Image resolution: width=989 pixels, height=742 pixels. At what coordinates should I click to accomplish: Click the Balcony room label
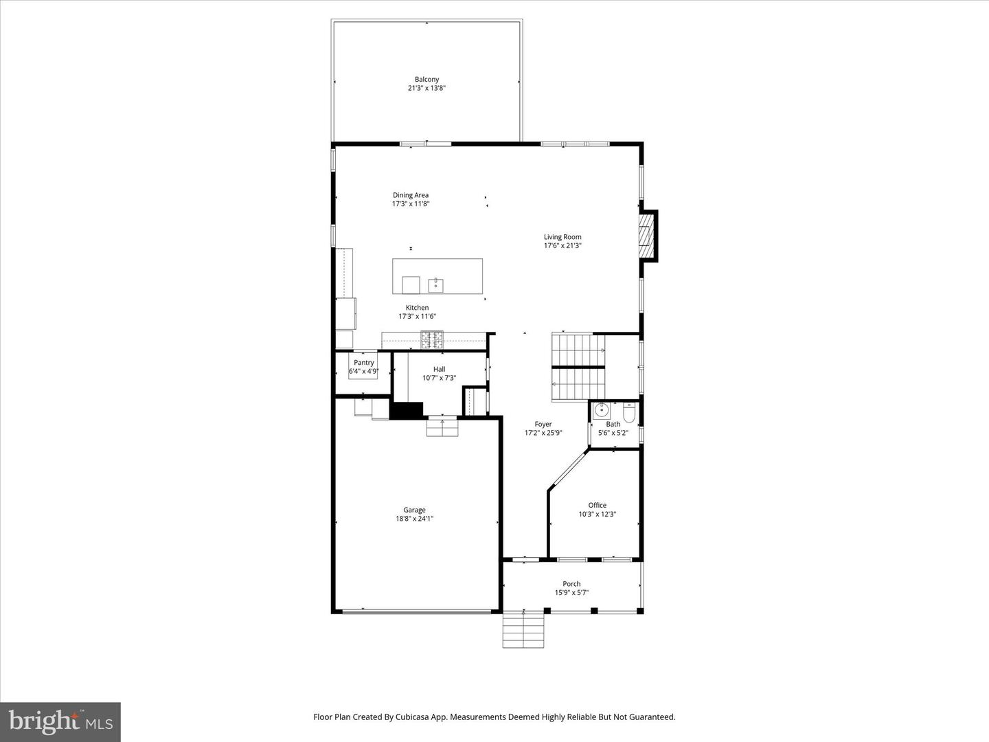427,80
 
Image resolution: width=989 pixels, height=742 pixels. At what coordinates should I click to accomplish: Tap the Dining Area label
411,195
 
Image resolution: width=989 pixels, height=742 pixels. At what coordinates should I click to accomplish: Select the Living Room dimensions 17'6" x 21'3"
562,246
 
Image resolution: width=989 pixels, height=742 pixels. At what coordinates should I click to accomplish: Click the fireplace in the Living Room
646,236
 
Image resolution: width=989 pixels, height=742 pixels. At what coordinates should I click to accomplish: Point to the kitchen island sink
435,283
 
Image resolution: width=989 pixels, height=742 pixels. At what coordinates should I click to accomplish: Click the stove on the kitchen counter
432,337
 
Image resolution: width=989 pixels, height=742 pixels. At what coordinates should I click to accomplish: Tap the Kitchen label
417,308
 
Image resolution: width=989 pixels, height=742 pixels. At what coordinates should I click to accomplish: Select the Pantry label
364,363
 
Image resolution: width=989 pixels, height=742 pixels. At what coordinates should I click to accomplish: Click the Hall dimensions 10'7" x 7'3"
439,378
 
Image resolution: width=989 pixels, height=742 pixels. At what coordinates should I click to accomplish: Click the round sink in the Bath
602,411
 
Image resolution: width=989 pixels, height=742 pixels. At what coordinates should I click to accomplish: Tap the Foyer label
543,425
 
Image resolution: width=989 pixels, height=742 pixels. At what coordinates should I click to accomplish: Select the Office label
597,506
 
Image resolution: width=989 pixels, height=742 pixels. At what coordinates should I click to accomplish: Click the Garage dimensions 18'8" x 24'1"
414,519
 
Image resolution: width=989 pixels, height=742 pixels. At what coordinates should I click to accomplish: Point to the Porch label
571,584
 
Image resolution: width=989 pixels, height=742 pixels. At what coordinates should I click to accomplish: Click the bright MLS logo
60,721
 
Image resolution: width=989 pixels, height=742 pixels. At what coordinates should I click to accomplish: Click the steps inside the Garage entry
442,428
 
